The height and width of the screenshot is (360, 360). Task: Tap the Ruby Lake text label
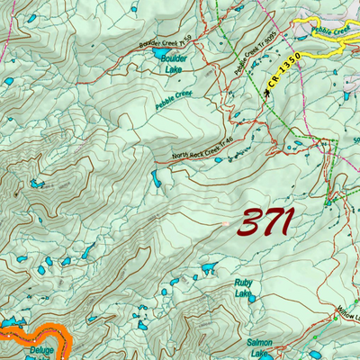pos(243,288)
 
